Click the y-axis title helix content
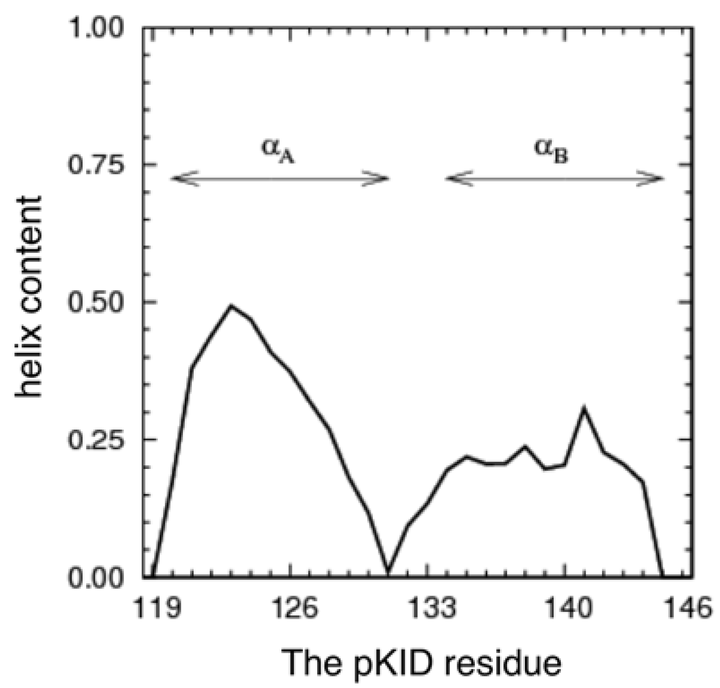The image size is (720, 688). click(29, 297)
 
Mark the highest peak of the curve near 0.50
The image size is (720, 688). click(231, 306)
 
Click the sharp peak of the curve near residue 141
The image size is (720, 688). click(584, 408)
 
